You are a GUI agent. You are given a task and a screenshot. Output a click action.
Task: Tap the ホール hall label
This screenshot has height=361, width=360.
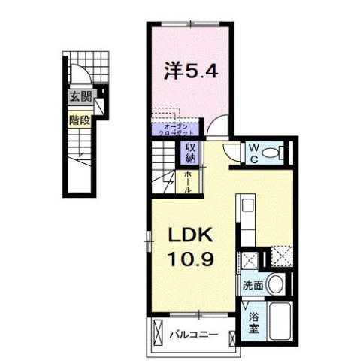click(189, 182)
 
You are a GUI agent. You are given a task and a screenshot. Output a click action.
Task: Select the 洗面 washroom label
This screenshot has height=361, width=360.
click(252, 286)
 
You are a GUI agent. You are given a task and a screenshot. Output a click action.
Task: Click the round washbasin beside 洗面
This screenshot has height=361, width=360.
click(275, 286)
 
